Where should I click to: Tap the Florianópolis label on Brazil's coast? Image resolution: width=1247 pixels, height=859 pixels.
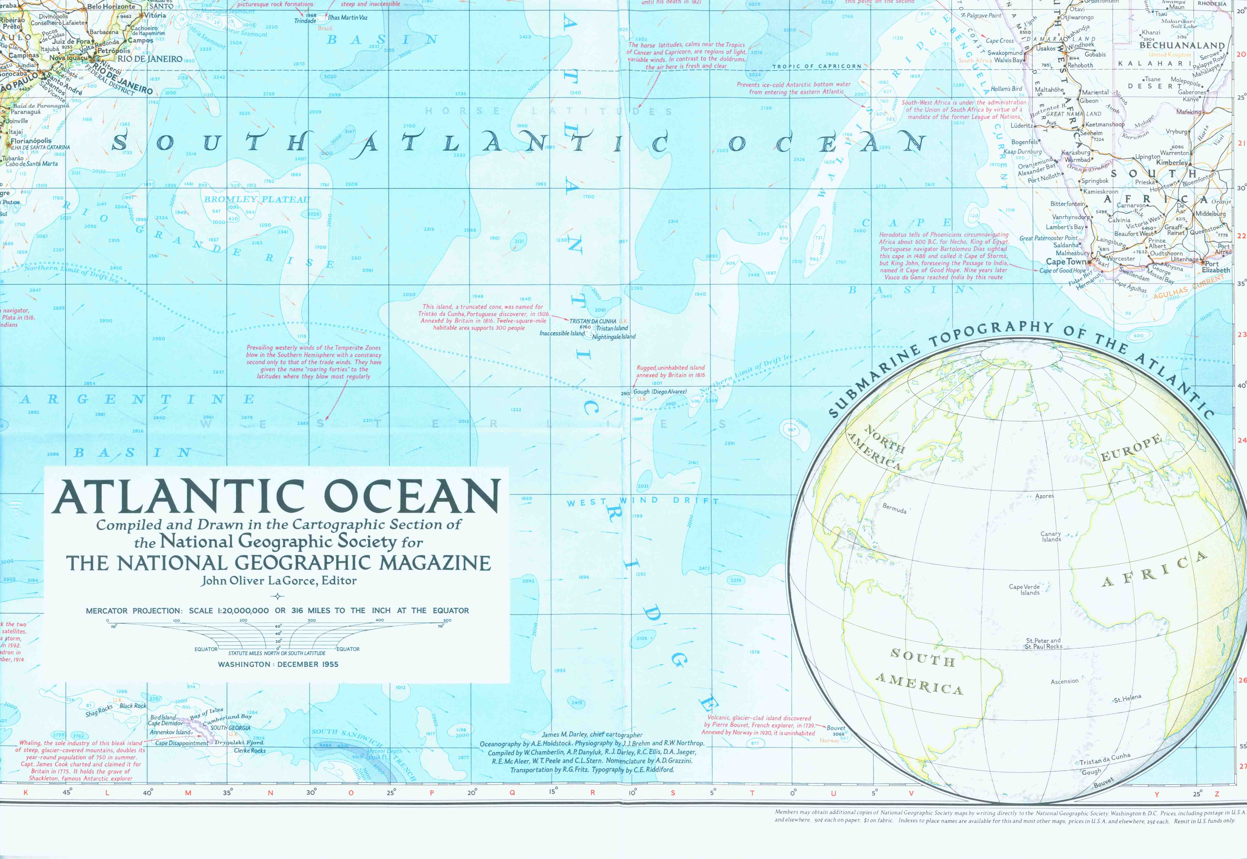pos(31,141)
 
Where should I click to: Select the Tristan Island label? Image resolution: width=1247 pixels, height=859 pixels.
pos(612,328)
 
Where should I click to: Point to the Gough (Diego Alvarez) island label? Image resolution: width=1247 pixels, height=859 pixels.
pos(660,392)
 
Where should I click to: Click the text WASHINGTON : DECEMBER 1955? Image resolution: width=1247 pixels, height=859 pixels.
pos(278,664)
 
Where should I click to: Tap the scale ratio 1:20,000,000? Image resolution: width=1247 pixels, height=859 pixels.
pos(243,610)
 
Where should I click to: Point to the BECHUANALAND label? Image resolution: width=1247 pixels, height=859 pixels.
pos(1182,46)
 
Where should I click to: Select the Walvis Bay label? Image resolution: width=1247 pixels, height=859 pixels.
pos(1008,60)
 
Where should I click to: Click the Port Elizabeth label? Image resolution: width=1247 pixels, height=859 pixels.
pos(1216,267)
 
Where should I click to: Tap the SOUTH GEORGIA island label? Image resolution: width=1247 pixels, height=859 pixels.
pos(230,728)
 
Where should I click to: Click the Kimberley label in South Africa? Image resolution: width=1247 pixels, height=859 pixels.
pos(1172,163)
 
